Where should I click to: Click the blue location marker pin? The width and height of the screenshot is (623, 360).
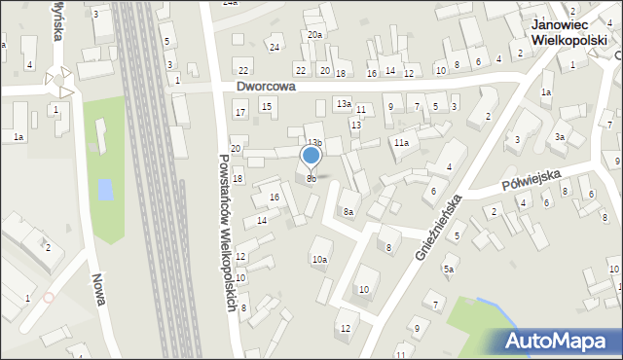[311, 155]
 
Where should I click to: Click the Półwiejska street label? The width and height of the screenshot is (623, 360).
[532, 182]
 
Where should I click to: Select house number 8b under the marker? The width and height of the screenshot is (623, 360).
[311, 179]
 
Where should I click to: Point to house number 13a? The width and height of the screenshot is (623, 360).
[344, 103]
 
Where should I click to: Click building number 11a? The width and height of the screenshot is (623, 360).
[400, 143]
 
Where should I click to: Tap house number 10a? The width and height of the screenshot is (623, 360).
[318, 259]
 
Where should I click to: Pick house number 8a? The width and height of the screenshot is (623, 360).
[348, 211]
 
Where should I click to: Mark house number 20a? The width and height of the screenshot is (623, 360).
[315, 35]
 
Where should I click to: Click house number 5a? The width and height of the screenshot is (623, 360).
[449, 269]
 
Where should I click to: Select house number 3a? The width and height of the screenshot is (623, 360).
[559, 137]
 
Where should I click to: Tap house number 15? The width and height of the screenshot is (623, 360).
[266, 105]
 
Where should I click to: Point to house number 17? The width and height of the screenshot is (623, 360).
[240, 113]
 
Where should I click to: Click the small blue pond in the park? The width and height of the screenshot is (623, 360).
[105, 188]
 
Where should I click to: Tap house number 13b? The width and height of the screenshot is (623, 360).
[314, 142]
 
